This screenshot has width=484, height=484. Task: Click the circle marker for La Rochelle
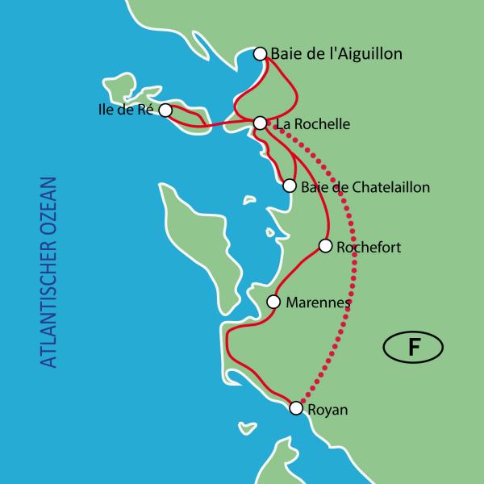[x=260, y=123]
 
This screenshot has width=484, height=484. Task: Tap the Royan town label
[x=328, y=410]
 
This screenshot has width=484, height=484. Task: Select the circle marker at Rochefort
[x=326, y=245]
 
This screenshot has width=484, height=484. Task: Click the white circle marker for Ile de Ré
[x=165, y=110]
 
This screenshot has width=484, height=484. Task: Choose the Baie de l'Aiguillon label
[x=336, y=54]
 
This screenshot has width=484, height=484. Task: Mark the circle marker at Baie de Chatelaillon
[x=290, y=186]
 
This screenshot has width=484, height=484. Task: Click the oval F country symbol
[x=412, y=348]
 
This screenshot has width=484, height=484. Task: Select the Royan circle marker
[x=296, y=409]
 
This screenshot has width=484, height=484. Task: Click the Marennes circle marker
[x=273, y=302]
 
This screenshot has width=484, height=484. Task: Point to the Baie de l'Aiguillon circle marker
[x=260, y=54]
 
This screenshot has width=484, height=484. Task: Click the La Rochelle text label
[x=312, y=124]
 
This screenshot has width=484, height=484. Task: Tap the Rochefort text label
[x=369, y=246]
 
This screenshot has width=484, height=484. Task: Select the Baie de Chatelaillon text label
[x=365, y=187]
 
